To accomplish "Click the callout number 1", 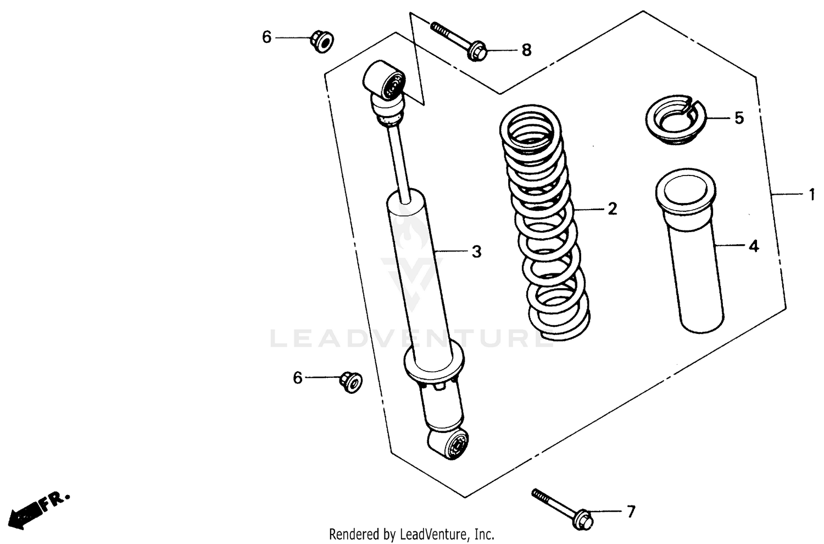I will (x=811, y=195).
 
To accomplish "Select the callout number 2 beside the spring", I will (x=612, y=209).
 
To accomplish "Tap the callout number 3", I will (x=476, y=251).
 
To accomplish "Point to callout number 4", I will (x=754, y=246).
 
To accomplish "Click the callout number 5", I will (x=739, y=118).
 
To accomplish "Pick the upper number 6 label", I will (x=266, y=37).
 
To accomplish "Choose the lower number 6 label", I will (x=297, y=378).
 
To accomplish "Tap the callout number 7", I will (x=631, y=512).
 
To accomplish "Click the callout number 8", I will (x=526, y=51).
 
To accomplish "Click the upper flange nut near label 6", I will (x=322, y=42).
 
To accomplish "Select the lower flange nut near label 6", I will (x=350, y=381).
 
